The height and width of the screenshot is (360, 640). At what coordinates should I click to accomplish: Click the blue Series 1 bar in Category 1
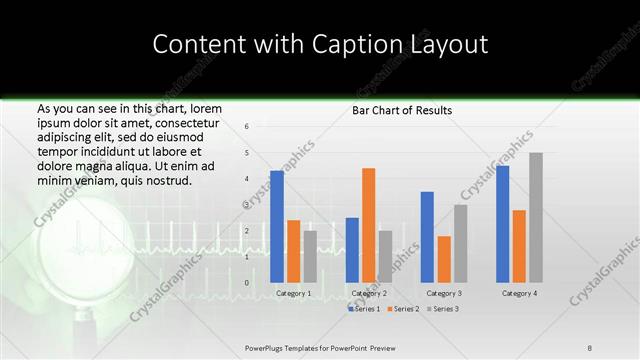pyautogui.click(x=277, y=227)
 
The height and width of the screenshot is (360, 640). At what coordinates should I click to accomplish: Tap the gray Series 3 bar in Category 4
pyautogui.click(x=536, y=217)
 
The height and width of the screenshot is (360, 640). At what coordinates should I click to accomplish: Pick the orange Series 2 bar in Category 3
pyautogui.click(x=443, y=259)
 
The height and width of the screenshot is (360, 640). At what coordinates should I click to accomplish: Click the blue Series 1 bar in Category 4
pyautogui.click(x=502, y=224)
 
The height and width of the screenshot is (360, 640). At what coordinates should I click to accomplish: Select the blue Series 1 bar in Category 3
pyautogui.click(x=427, y=237)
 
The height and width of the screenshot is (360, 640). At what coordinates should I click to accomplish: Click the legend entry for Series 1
pyautogui.click(x=364, y=309)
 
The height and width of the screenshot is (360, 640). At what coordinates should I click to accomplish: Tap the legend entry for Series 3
pyautogui.click(x=442, y=309)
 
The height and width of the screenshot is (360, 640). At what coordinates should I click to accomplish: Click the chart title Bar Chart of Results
pyautogui.click(x=402, y=110)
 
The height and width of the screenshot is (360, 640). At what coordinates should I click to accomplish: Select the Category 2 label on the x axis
pyautogui.click(x=368, y=294)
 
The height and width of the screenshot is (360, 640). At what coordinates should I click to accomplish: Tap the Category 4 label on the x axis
pyautogui.click(x=518, y=294)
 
